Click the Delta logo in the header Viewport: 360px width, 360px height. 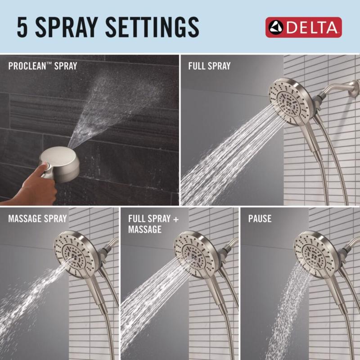303,27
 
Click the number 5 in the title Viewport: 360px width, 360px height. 22,27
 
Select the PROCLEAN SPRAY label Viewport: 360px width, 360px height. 43,66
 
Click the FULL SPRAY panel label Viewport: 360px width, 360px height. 209,66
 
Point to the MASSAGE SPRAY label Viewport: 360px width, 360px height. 37,219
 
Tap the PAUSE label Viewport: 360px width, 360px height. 260,219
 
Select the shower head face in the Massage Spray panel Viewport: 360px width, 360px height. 75,252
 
